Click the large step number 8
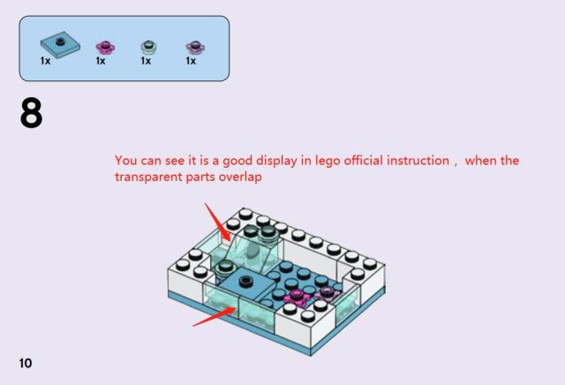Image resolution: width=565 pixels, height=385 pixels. tap(32, 113)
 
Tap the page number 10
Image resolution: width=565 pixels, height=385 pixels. tap(26, 363)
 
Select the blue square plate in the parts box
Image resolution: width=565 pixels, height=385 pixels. tap(60, 43)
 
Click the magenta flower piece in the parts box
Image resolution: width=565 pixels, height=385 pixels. tap(105, 47)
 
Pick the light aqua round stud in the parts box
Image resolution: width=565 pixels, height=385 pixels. tap(148, 47)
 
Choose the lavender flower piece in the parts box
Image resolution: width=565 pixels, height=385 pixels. tap(195, 47)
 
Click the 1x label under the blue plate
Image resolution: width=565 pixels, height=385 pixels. tap(45, 61)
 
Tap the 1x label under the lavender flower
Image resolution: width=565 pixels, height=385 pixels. tap(191, 61)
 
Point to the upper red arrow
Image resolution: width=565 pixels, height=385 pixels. tap(218, 222)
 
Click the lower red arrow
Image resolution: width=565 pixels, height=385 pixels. tap(215, 317)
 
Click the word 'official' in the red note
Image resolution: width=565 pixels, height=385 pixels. tap(364, 160)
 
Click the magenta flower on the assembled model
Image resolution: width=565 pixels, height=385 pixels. tap(297, 297)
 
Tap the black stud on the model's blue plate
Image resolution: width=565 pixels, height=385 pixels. tap(245, 281)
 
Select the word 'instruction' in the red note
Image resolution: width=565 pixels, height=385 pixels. tap(418, 160)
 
